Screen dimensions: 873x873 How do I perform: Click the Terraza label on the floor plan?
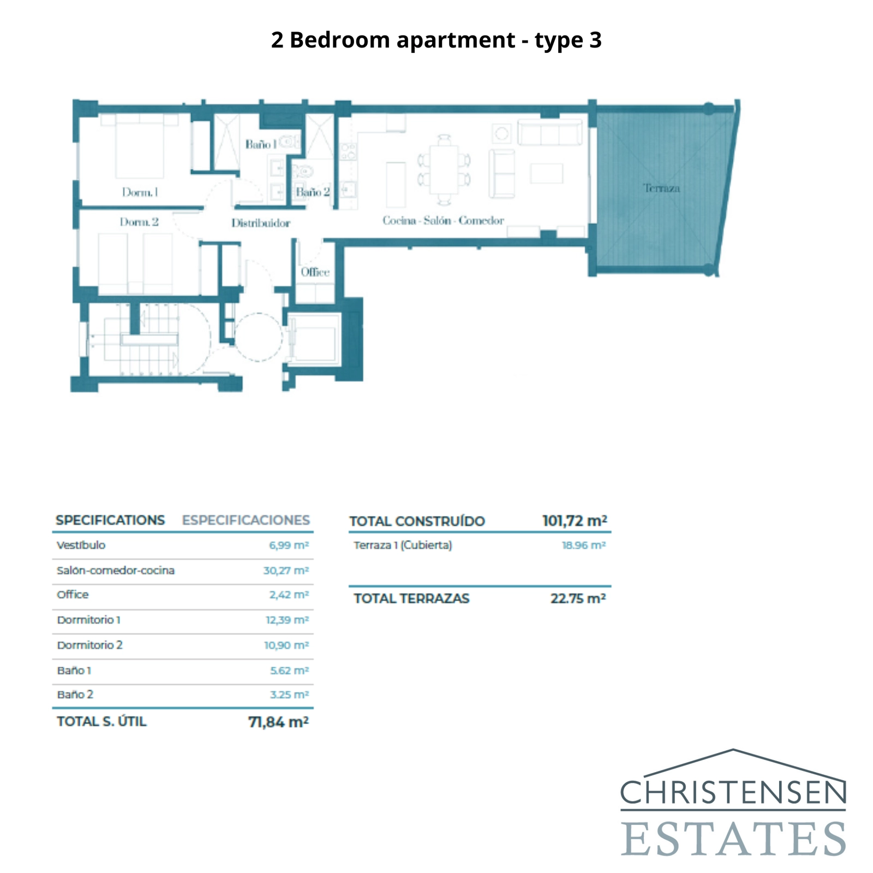pos(661,188)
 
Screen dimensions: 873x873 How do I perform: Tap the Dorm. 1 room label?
pos(140,192)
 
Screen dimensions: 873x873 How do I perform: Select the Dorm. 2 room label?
pos(139,222)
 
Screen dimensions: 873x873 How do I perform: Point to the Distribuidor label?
pos(260,223)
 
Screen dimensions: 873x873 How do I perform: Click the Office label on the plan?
pos(315,272)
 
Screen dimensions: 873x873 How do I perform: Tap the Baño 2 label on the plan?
pos(313,192)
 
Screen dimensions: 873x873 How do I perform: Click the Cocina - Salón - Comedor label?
pos(443,220)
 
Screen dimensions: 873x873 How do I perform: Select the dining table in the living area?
pos(444,169)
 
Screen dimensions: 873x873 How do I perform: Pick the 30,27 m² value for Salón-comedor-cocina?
pos(286,571)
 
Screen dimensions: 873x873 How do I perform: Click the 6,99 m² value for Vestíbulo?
pos(289,545)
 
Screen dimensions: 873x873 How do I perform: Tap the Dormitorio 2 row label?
pos(89,645)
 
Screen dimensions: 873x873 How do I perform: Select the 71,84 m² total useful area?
pos(278,722)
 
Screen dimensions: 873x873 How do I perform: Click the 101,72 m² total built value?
pos(574,521)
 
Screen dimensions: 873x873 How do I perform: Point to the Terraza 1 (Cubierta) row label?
pos(403,545)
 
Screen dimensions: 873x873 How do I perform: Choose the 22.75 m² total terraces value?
pos(577,599)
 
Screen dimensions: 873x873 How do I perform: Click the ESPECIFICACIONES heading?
pos(246,520)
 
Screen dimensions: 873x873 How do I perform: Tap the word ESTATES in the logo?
pos(733,839)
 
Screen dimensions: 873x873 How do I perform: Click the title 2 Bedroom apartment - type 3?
pos(436,40)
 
